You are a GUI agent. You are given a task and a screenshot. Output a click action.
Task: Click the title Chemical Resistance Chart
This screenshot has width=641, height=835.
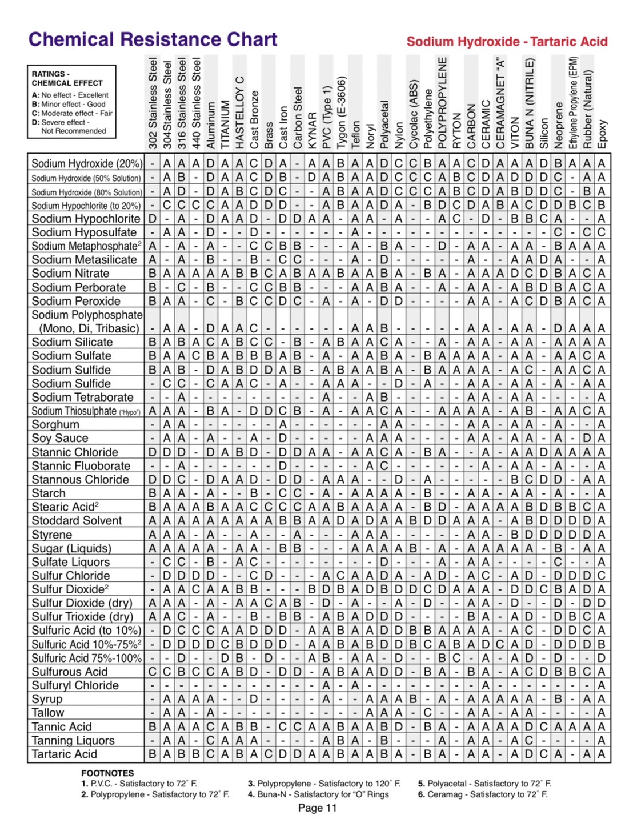pyautogui.click(x=153, y=39)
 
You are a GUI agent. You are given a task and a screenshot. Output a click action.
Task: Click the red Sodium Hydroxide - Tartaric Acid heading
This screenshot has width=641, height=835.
pyautogui.click(x=507, y=42)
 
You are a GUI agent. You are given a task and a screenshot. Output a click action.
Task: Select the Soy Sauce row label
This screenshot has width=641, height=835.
pyautogui.click(x=60, y=438)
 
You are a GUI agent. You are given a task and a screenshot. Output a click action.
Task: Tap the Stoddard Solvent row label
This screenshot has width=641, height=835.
pyautogui.click(x=77, y=520)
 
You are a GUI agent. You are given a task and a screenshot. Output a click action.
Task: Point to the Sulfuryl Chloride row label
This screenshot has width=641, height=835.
pyautogui.click(x=75, y=685)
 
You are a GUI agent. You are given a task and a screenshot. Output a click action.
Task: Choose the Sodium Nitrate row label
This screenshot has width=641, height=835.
pyautogui.click(x=70, y=273)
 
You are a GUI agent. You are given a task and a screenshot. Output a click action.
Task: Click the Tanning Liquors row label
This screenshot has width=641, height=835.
pyautogui.click(x=73, y=740)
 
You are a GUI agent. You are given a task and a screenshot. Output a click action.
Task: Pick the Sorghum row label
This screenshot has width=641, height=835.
pyautogui.click(x=55, y=424)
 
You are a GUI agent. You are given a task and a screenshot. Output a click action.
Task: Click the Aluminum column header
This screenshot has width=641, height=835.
pyautogui.click(x=211, y=125)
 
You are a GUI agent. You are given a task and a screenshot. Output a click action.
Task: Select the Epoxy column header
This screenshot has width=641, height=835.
pyautogui.click(x=602, y=134)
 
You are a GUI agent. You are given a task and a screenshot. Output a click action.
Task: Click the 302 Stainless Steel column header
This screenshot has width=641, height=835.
pyautogui.click(x=153, y=103)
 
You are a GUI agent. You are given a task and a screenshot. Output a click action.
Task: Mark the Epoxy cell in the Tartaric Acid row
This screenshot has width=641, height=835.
pyautogui.click(x=602, y=754)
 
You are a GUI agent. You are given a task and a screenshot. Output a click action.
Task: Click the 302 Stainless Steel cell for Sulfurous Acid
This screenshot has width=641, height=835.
pyautogui.click(x=153, y=672)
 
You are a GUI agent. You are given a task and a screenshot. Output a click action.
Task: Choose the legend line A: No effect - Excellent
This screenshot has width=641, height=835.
pyautogui.click(x=70, y=95)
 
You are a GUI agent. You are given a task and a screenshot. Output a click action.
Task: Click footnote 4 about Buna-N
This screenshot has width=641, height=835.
pyautogui.click(x=318, y=794)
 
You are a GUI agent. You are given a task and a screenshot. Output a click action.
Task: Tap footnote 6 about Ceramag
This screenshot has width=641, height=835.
pyautogui.click(x=483, y=794)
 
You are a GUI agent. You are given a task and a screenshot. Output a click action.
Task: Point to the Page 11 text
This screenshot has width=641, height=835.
pyautogui.click(x=317, y=808)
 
